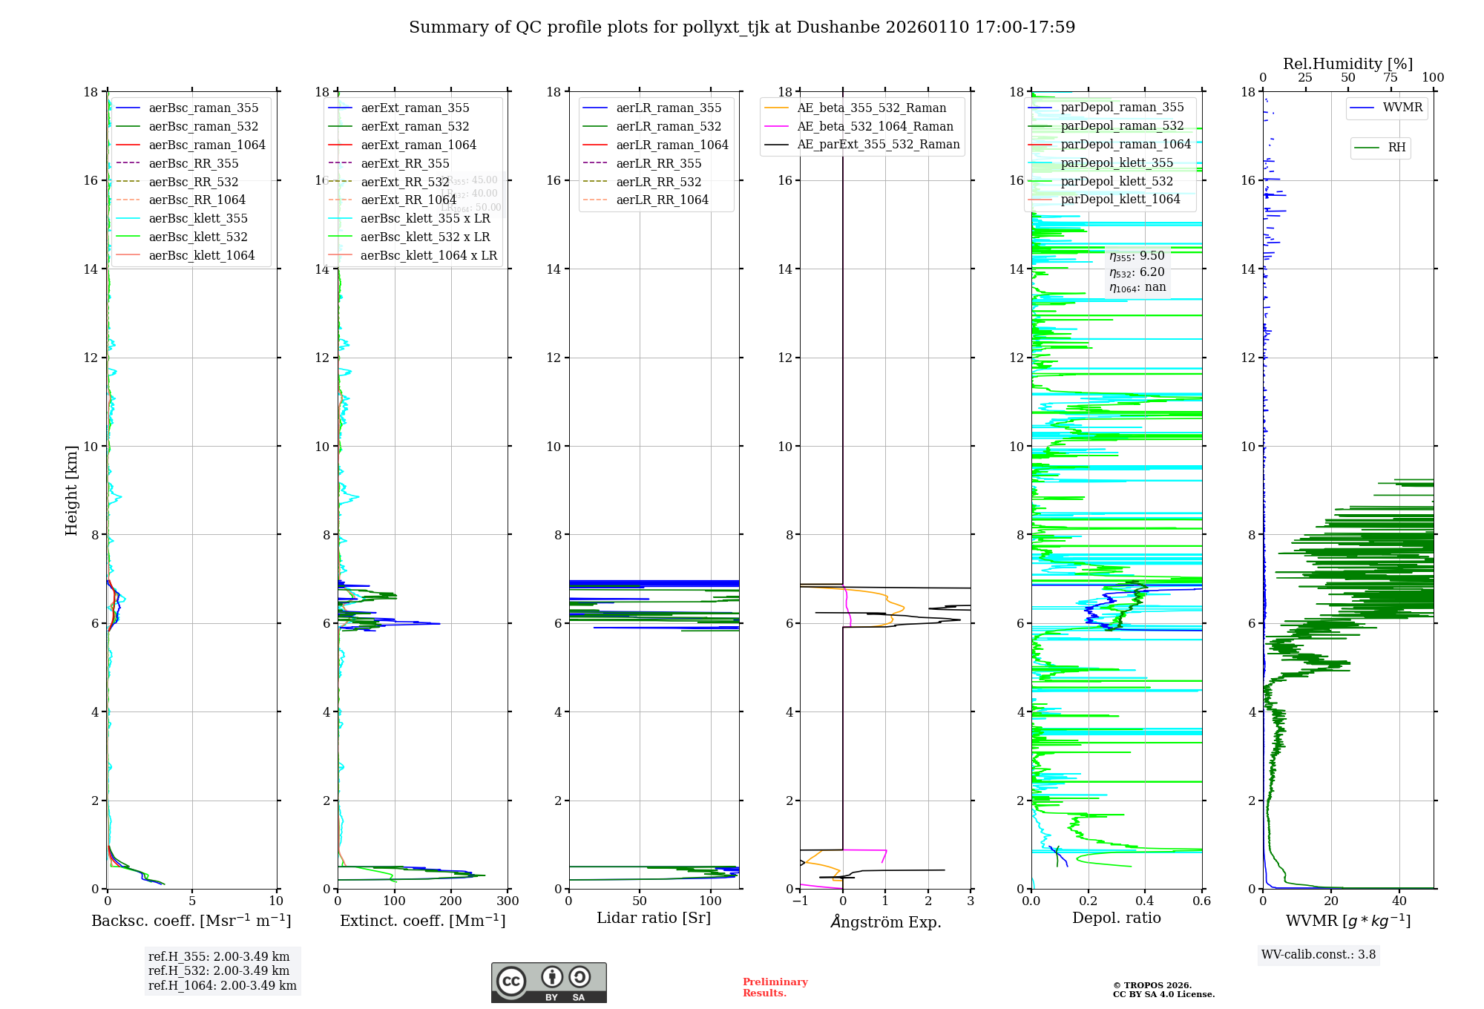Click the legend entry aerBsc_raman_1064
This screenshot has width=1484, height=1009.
[x=207, y=145]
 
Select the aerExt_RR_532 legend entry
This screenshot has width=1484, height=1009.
[x=405, y=182]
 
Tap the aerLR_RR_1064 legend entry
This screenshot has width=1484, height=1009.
[x=662, y=200]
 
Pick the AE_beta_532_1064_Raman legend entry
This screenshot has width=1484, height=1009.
[x=875, y=126]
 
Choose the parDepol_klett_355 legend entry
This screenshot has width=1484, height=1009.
[x=1117, y=162]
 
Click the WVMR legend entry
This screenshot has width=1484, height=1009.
[x=1402, y=108]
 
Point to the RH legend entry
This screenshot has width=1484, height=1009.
[x=1396, y=148]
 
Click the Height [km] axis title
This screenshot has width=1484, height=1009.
[x=71, y=490]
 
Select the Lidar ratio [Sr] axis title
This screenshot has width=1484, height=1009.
[x=654, y=918]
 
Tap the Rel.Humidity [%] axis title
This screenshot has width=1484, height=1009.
[x=1347, y=64]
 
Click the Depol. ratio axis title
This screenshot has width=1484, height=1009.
[x=1116, y=918]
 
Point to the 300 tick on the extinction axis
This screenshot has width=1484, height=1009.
[x=508, y=901]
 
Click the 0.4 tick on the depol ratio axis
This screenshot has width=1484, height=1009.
[x=1145, y=901]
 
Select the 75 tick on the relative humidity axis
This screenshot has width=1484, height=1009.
[x=1391, y=78]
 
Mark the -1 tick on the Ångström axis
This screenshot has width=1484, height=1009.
[x=800, y=901]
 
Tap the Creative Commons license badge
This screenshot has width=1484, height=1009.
[x=548, y=983]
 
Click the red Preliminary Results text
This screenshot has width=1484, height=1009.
[x=775, y=987]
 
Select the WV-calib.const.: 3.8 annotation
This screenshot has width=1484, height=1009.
[x=1319, y=955]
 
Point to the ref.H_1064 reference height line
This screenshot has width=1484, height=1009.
[x=222, y=986]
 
